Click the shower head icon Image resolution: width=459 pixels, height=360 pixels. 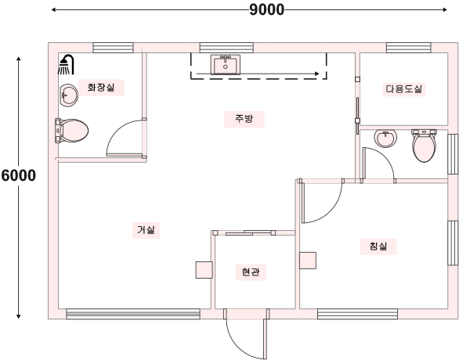[x=66, y=64]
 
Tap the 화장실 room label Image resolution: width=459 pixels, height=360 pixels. [x=101, y=88]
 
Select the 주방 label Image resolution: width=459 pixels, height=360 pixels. [x=244, y=119]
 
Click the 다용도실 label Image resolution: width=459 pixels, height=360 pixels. [x=403, y=89]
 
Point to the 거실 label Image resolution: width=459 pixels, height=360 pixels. [x=146, y=230]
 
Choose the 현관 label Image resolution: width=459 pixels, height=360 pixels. [x=251, y=272]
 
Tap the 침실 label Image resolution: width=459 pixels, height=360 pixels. [x=378, y=247]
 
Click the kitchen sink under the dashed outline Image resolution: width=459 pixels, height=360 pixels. [x=225, y=64]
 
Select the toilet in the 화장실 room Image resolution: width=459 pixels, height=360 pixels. [x=72, y=131]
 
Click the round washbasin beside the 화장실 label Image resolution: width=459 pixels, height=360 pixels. [x=69, y=95]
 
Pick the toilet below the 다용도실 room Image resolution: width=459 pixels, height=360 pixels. [x=424, y=146]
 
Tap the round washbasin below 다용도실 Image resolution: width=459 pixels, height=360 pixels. [x=385, y=138]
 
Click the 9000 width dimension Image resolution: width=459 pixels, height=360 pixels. [x=266, y=9]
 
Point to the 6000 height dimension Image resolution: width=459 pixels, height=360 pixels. [x=19, y=175]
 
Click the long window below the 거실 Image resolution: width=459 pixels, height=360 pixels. [x=133, y=314]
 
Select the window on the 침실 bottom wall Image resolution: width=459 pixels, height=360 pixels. [x=357, y=314]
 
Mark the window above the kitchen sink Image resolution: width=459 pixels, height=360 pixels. [x=226, y=48]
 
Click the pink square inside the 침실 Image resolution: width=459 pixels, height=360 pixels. [x=308, y=261]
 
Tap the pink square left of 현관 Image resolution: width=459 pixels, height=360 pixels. [x=204, y=270]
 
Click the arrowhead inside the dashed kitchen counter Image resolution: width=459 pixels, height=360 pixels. [x=316, y=74]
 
